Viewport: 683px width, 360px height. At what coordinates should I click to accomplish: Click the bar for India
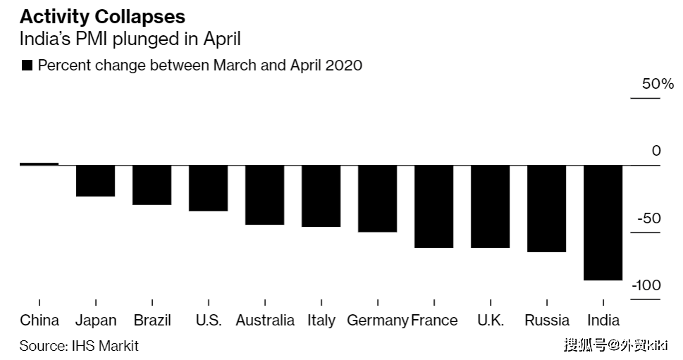(603, 223)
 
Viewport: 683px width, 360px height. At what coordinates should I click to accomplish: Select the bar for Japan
(96, 180)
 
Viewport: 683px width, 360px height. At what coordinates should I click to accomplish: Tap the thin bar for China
(39, 163)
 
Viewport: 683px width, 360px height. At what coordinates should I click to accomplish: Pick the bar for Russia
(547, 209)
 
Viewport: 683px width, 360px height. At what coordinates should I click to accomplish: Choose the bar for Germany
(378, 199)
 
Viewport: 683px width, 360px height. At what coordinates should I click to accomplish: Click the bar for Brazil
(152, 185)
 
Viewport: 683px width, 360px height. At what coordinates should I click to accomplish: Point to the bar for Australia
(265, 195)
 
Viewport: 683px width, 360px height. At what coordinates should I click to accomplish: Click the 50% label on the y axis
(657, 84)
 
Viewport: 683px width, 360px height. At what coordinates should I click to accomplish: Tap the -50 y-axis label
(648, 218)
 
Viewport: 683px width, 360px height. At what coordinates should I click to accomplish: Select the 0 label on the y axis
(656, 151)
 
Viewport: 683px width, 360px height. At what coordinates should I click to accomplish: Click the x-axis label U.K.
(491, 321)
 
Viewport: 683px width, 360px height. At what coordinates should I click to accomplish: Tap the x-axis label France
(434, 321)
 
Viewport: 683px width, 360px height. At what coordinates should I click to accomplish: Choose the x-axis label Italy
(321, 321)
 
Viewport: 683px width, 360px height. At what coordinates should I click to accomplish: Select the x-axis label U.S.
(209, 321)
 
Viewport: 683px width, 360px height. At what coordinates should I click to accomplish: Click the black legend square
(27, 66)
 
